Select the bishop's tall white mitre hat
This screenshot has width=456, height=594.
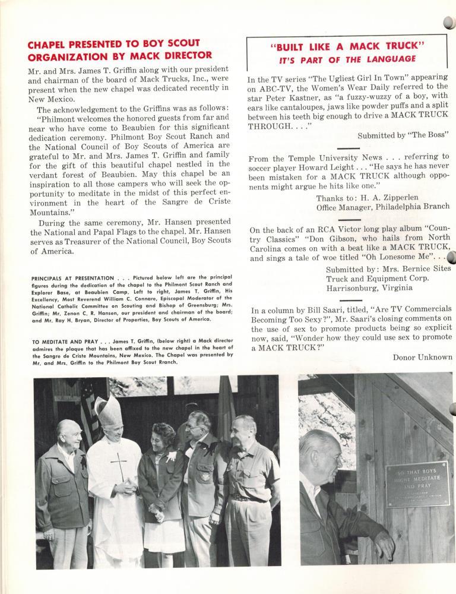[x=108, y=410]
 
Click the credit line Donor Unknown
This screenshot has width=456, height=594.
[x=422, y=357]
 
